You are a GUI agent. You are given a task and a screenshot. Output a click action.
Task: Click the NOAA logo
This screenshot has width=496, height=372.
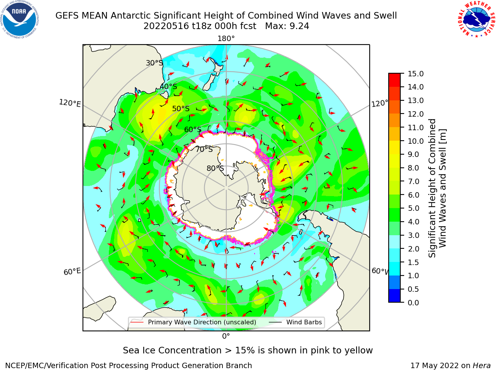point(19,19)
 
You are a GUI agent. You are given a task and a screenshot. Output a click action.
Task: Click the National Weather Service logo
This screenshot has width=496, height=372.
point(476,19)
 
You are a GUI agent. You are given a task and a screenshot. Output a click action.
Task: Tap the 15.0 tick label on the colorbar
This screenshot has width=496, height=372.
point(415,74)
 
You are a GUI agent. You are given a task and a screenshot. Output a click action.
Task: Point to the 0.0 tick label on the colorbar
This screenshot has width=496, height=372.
point(413,302)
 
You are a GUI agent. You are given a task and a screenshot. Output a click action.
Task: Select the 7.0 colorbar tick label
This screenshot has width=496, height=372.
point(413,181)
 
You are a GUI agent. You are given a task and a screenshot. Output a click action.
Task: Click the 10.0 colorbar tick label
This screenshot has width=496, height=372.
point(415,141)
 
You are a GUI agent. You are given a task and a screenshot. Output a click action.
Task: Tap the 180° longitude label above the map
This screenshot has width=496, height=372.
point(226,39)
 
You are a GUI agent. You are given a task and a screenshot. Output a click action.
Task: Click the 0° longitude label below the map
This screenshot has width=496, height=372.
point(226,336)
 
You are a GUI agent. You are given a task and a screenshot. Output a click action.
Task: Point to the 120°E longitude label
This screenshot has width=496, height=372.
point(70,103)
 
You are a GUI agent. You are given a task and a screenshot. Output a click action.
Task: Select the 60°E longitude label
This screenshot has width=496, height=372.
point(72,272)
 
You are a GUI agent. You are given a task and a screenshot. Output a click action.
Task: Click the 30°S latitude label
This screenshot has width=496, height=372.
point(154,63)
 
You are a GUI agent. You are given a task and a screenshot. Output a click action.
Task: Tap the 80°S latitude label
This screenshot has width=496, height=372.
point(215,168)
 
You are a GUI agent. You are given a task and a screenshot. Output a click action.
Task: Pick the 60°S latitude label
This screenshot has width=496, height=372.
point(193,130)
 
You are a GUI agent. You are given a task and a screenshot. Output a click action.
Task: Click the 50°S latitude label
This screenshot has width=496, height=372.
point(181,108)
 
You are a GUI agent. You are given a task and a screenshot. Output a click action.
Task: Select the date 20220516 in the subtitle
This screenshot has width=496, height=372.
point(166,26)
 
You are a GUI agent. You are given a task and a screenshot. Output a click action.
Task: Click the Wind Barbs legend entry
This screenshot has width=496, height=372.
point(295,322)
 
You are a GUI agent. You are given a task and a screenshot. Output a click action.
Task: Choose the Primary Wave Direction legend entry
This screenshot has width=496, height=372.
point(193,322)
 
